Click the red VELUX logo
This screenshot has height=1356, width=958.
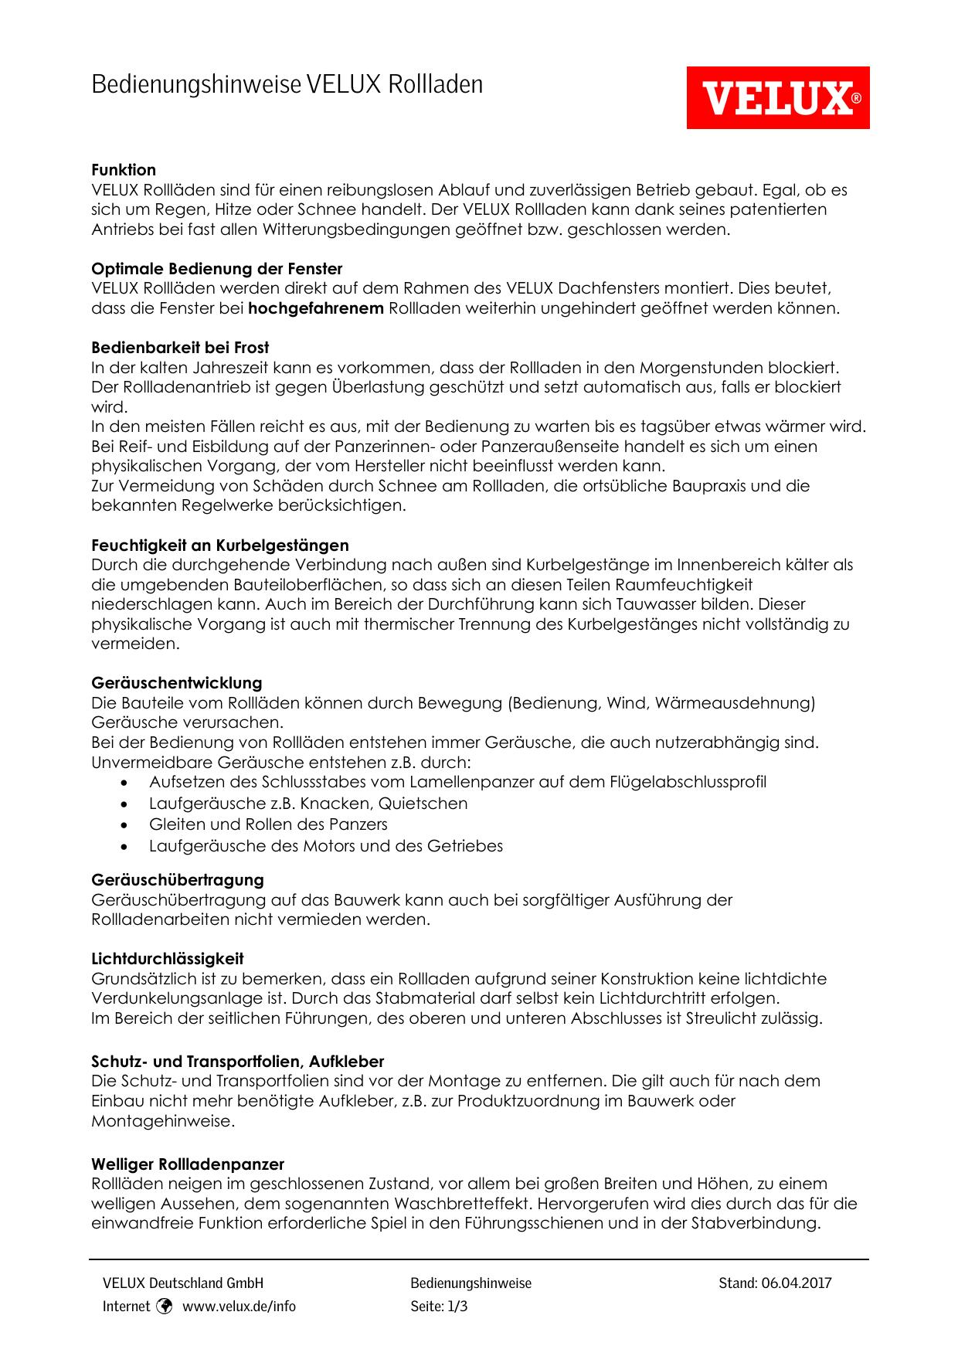pyautogui.click(x=777, y=97)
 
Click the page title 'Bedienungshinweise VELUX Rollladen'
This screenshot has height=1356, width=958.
pyautogui.click(x=287, y=84)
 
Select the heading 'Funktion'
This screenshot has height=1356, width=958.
pyautogui.click(x=124, y=170)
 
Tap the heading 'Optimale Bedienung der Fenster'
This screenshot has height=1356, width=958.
pyautogui.click(x=216, y=269)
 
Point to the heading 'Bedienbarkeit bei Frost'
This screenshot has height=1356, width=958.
pyautogui.click(x=180, y=348)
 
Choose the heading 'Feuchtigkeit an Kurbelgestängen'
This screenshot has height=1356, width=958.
pyautogui.click(x=219, y=545)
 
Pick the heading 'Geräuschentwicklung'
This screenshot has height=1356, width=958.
pyautogui.click(x=177, y=683)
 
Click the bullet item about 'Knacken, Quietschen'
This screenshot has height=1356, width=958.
pyautogui.click(x=308, y=804)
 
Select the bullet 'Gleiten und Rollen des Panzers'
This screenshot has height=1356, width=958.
pyautogui.click(x=268, y=824)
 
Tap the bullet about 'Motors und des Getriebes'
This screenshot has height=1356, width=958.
pyautogui.click(x=325, y=846)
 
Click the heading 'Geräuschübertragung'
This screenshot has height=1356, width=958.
pyautogui.click(x=178, y=880)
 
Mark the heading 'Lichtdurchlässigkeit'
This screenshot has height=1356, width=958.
pyautogui.click(x=168, y=959)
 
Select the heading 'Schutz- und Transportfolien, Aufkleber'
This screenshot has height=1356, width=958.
pyautogui.click(x=237, y=1062)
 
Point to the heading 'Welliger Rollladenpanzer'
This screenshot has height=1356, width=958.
pyautogui.click(x=188, y=1164)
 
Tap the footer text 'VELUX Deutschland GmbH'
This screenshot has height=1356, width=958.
pyautogui.click(x=183, y=1283)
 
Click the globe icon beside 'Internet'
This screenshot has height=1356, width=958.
pyautogui.click(x=164, y=1307)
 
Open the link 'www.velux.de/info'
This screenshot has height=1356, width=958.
pyautogui.click(x=239, y=1307)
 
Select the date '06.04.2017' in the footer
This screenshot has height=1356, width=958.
pyautogui.click(x=796, y=1283)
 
